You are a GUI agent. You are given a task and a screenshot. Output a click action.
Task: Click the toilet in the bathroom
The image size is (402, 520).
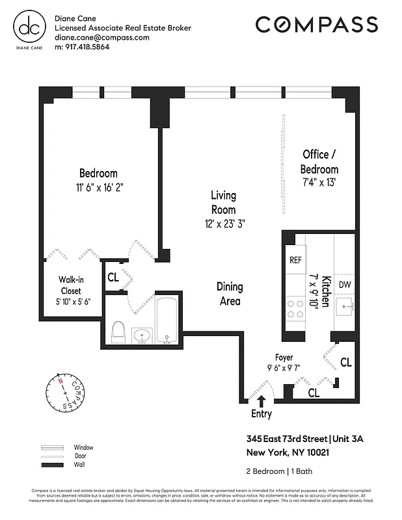click(118, 331)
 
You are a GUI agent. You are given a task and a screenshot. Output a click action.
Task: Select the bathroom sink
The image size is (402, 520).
click(142, 335)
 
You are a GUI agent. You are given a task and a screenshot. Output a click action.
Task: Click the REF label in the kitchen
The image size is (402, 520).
click(296, 259)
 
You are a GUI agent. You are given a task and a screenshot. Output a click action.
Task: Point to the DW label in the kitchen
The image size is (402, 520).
click(345, 283)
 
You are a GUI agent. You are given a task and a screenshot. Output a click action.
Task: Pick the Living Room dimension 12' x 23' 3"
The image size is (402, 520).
click(223, 223)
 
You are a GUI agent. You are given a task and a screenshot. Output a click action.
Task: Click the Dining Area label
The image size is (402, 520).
click(230, 294)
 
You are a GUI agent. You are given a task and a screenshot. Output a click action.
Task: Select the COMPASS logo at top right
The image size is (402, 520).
click(317, 25)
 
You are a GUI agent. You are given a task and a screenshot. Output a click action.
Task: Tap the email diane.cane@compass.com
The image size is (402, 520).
click(102, 38)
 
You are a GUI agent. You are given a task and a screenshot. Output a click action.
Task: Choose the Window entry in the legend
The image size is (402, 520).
click(83, 448)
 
